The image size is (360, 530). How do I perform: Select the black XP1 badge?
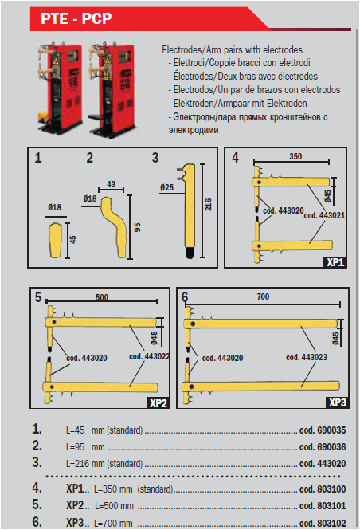pyautogui.click(x=336, y=261)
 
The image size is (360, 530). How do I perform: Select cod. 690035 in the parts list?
pyautogui.click(x=323, y=430)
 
